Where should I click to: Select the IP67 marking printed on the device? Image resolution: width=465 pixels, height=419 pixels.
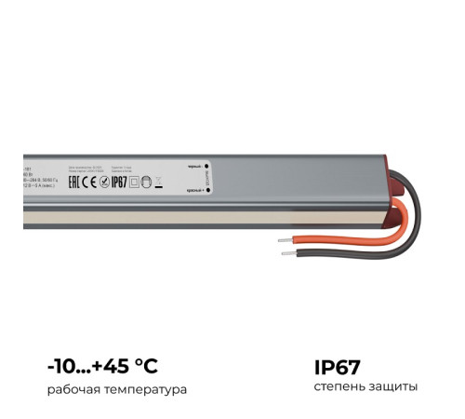point(118,181)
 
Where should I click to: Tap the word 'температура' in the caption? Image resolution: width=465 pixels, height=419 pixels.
point(149,388)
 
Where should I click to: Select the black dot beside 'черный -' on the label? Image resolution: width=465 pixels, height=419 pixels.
point(206,165)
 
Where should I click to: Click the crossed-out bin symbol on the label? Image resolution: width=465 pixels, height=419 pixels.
point(158,181)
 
